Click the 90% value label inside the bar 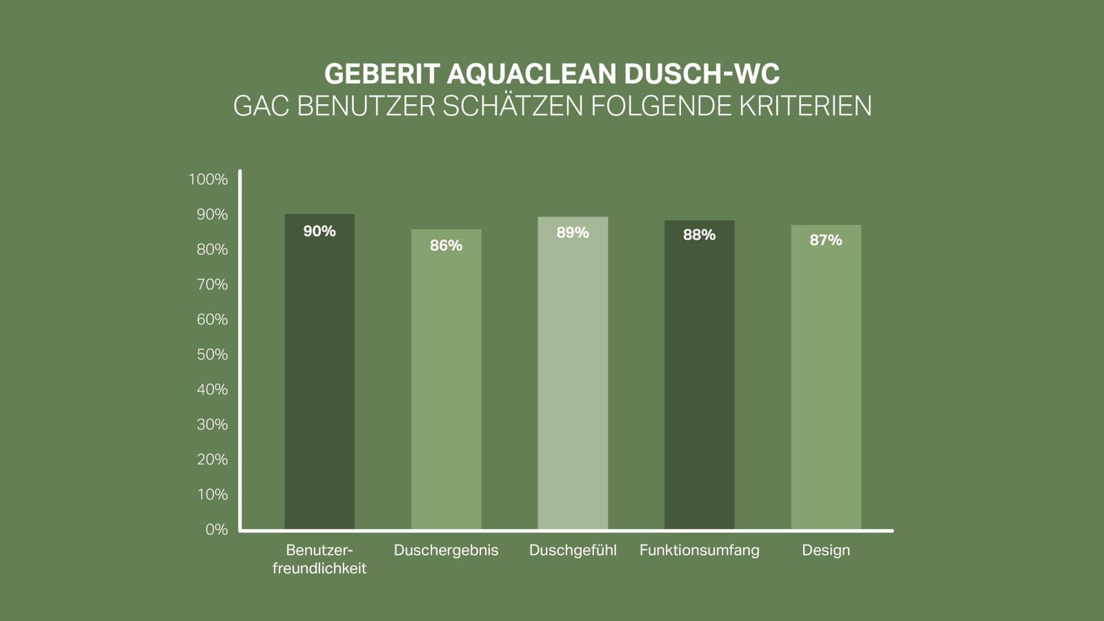tap(319, 231)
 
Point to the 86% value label tap(446, 246)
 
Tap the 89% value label tap(573, 233)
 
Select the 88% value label tap(699, 235)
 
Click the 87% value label tap(826, 240)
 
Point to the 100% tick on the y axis tap(208, 179)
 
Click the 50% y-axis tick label tap(212, 355)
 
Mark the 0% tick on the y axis tap(216, 529)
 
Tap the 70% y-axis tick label tap(212, 284)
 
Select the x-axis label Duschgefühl tap(573, 551)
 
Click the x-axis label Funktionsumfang tap(699, 551)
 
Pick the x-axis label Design tap(826, 551)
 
